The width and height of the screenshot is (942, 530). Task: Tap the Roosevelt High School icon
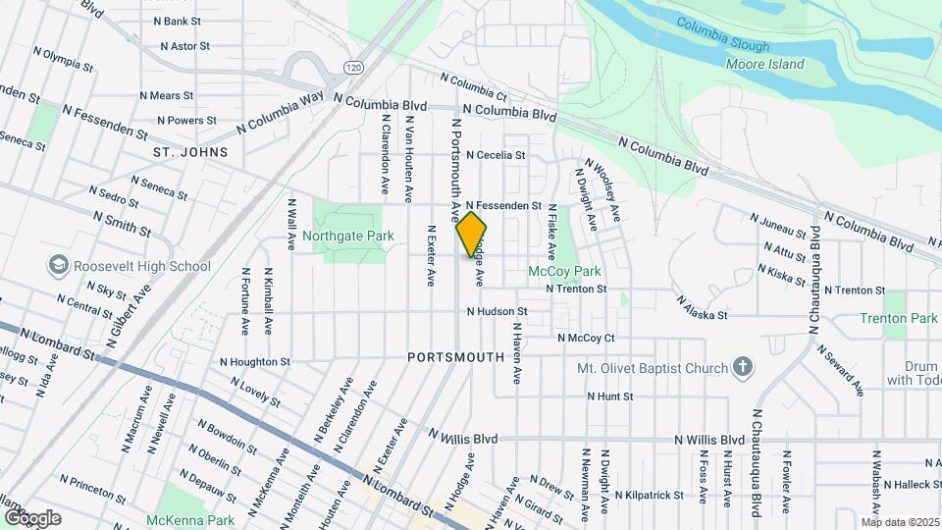point(57,266)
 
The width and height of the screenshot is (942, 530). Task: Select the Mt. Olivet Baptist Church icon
point(744,368)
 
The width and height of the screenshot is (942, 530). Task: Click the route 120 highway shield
point(353,66)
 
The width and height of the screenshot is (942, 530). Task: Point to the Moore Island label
point(764,65)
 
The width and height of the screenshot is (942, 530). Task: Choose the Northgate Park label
point(347,236)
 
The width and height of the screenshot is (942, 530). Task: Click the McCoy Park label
point(564,271)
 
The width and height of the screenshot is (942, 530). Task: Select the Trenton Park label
point(899,318)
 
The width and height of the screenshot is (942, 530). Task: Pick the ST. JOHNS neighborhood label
point(190,152)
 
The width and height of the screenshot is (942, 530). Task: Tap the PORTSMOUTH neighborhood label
point(455,358)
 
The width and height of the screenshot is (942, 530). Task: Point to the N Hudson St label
point(497,312)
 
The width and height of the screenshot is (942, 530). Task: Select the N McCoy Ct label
point(586,338)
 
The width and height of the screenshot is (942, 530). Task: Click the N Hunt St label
point(610,397)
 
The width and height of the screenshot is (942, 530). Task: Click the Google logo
point(32,517)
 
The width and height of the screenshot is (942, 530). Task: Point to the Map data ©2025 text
point(900,522)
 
